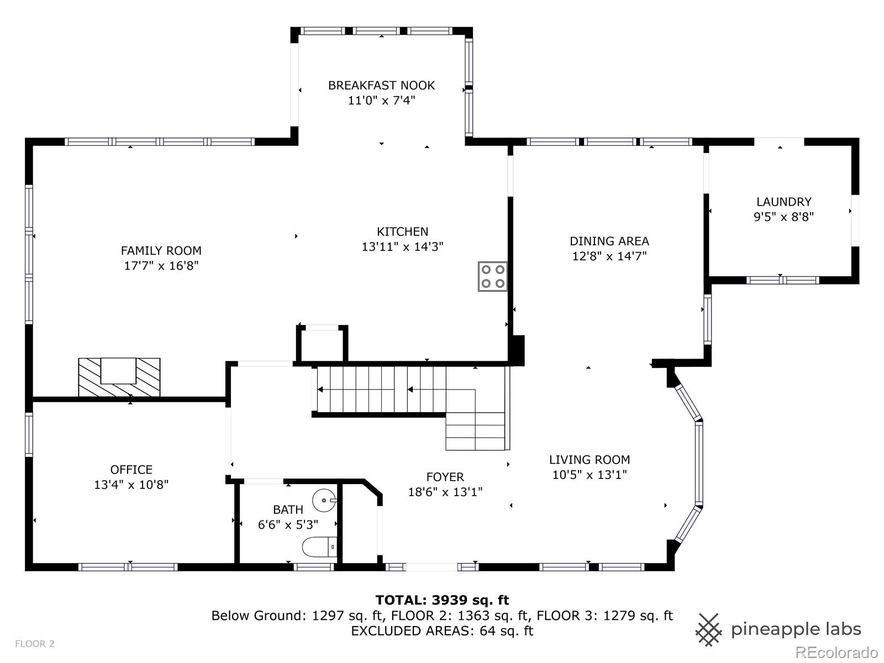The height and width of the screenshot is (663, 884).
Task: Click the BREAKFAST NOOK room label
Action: point(381,85)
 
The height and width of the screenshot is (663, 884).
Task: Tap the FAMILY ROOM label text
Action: point(161,251)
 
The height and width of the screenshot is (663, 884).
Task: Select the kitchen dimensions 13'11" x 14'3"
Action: point(402,246)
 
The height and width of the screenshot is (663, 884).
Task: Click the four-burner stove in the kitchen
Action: point(492,276)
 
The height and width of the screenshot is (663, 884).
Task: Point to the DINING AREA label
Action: point(609,241)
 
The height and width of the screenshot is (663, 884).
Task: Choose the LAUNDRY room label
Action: point(783,202)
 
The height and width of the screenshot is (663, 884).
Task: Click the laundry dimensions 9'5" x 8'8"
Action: point(783,217)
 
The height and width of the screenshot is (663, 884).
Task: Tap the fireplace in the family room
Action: point(119,377)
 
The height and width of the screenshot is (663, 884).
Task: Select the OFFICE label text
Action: point(131,470)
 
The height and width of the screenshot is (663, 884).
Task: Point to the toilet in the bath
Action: point(319,547)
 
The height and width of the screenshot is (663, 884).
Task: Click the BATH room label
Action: point(288,509)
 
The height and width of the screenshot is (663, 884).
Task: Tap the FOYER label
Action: point(445,477)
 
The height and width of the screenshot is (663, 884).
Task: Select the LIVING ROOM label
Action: point(590,460)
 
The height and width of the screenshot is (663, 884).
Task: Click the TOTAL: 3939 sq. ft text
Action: point(442,600)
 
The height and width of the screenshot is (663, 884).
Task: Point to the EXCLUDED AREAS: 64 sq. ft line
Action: point(442,631)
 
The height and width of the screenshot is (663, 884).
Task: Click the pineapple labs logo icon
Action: point(709,630)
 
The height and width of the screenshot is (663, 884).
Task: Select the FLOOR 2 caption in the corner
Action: point(35,644)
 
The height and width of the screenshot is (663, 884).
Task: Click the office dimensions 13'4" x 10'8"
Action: point(131,485)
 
